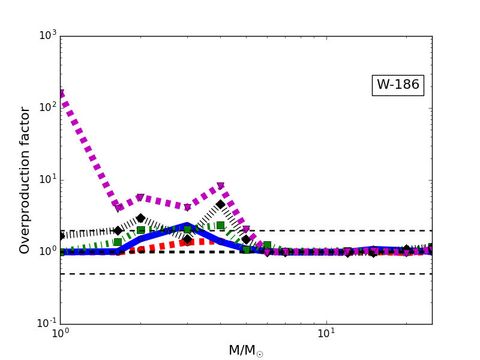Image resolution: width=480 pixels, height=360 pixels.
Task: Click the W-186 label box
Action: click(x=398, y=85)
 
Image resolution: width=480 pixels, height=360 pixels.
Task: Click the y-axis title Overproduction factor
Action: click(x=25, y=180)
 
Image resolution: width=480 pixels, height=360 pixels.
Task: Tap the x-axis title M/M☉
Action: click(x=245, y=350)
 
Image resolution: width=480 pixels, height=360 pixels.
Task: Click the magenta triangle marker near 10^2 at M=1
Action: click(x=61, y=94)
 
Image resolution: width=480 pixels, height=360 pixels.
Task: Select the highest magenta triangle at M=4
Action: click(x=220, y=187)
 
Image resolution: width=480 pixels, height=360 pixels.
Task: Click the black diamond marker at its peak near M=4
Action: click(x=220, y=205)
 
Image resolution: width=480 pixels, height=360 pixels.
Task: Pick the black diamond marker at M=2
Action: click(x=140, y=218)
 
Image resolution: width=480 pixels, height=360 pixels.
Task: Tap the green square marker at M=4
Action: click(x=220, y=225)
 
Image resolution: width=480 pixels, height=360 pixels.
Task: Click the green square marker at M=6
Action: click(x=267, y=245)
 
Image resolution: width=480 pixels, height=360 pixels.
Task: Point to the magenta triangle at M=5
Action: click(x=246, y=230)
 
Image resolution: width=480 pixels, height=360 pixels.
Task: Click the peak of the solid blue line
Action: click(x=187, y=225)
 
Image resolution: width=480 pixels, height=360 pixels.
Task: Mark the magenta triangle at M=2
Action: click(x=140, y=198)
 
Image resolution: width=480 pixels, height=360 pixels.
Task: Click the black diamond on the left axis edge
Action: click(x=61, y=236)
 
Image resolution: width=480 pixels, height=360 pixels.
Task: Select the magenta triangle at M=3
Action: click(x=187, y=208)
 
